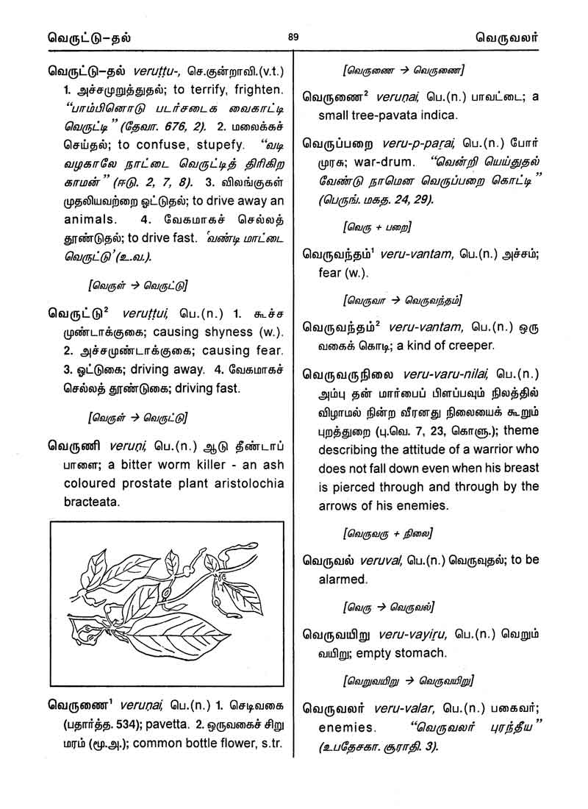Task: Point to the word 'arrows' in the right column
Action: tap(340, 506)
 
